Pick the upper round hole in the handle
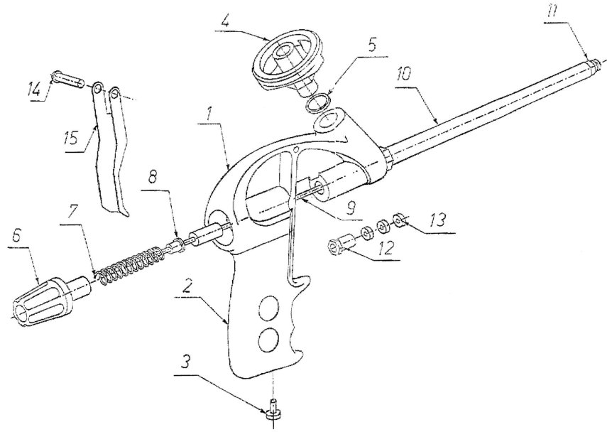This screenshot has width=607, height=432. click(x=269, y=308)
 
